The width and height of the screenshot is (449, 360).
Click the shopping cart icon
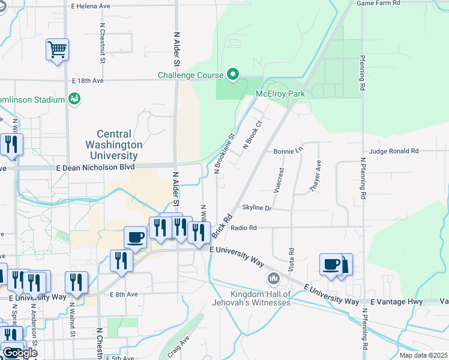click(x=57, y=49)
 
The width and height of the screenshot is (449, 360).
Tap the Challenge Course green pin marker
click(x=233, y=75)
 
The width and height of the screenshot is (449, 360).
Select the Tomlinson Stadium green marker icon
click(x=74, y=98)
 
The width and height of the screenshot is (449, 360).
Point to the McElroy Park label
click(x=280, y=94)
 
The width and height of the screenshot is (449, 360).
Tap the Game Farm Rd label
click(x=378, y=3)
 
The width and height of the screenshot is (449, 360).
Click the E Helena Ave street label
click(x=91, y=7)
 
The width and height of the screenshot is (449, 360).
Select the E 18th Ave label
click(x=88, y=80)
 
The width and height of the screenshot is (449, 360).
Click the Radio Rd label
click(x=244, y=228)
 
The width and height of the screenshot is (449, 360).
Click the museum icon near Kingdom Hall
click(x=274, y=279)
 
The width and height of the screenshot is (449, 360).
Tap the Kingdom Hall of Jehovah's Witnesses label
click(x=261, y=298)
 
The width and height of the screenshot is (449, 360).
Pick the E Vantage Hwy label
click(x=396, y=301)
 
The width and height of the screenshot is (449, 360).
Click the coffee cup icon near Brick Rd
click(x=135, y=236)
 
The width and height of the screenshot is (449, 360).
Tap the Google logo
click(x=20, y=353)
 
